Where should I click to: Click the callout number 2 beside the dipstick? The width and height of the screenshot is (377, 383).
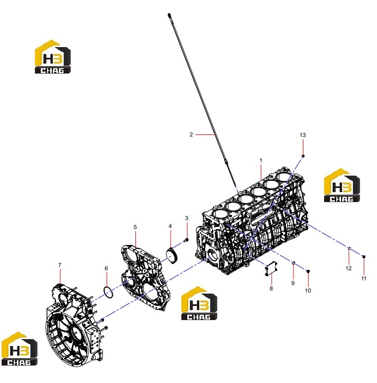(x=191, y=134)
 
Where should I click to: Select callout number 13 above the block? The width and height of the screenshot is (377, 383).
(x=302, y=135)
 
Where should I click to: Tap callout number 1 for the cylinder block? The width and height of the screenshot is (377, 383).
(x=261, y=160)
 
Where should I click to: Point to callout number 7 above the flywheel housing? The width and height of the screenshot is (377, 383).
(x=60, y=265)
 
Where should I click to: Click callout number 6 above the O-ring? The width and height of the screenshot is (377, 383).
(x=106, y=268)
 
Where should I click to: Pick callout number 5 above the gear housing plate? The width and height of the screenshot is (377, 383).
(x=135, y=227)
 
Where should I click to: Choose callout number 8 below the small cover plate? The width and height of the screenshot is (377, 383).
(x=271, y=288)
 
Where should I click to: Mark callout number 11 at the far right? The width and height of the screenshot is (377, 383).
(x=364, y=278)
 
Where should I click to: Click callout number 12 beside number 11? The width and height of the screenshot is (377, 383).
(x=348, y=268)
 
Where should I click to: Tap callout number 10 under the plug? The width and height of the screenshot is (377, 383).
(x=308, y=290)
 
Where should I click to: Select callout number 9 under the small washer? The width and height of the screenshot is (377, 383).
(x=293, y=283)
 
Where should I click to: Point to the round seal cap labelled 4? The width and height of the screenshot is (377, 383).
(x=172, y=256)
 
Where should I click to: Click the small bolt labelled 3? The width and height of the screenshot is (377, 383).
(x=186, y=240)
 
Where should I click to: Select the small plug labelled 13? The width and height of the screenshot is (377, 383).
(x=303, y=156)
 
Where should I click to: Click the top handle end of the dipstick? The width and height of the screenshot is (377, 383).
(x=169, y=15)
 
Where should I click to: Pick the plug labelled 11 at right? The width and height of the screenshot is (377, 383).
(x=364, y=257)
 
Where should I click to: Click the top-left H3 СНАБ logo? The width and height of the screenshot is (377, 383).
(x=53, y=57)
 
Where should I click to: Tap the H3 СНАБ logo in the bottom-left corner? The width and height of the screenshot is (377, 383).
(x=19, y=349)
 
